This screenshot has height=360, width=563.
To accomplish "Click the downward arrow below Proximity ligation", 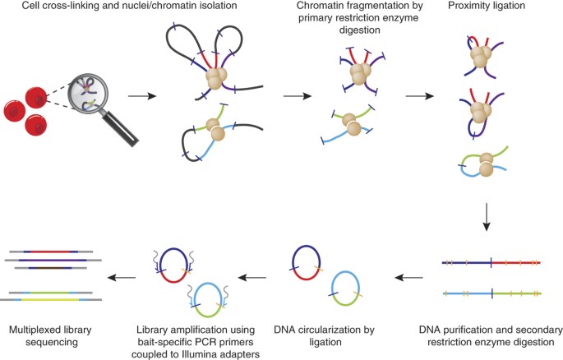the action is pos(487,217).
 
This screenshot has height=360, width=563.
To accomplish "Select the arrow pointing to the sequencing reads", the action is pos(122,277).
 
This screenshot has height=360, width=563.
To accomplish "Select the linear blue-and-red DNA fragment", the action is pos(491,263).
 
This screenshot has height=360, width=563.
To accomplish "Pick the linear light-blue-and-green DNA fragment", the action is pos(492,293).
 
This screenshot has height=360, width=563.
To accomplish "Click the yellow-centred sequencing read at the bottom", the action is pos(51,299).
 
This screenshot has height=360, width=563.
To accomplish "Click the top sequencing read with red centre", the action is pos(51,252).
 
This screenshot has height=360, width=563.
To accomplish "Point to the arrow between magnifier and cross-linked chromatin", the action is pos(142,96).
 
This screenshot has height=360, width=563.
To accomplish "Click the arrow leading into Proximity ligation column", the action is pos(420,96).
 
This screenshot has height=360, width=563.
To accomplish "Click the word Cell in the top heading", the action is pos(30,6).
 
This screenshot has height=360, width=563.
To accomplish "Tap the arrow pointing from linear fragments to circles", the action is pos(408,277).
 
